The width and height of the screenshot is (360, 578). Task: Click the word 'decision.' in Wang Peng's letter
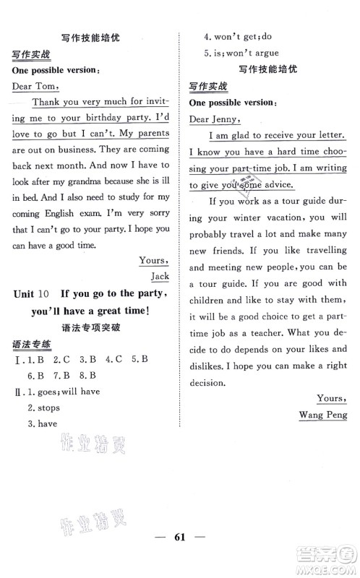pyautogui.click(x=211, y=383)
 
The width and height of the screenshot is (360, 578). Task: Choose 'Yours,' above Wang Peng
pyautogui.click(x=332, y=398)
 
